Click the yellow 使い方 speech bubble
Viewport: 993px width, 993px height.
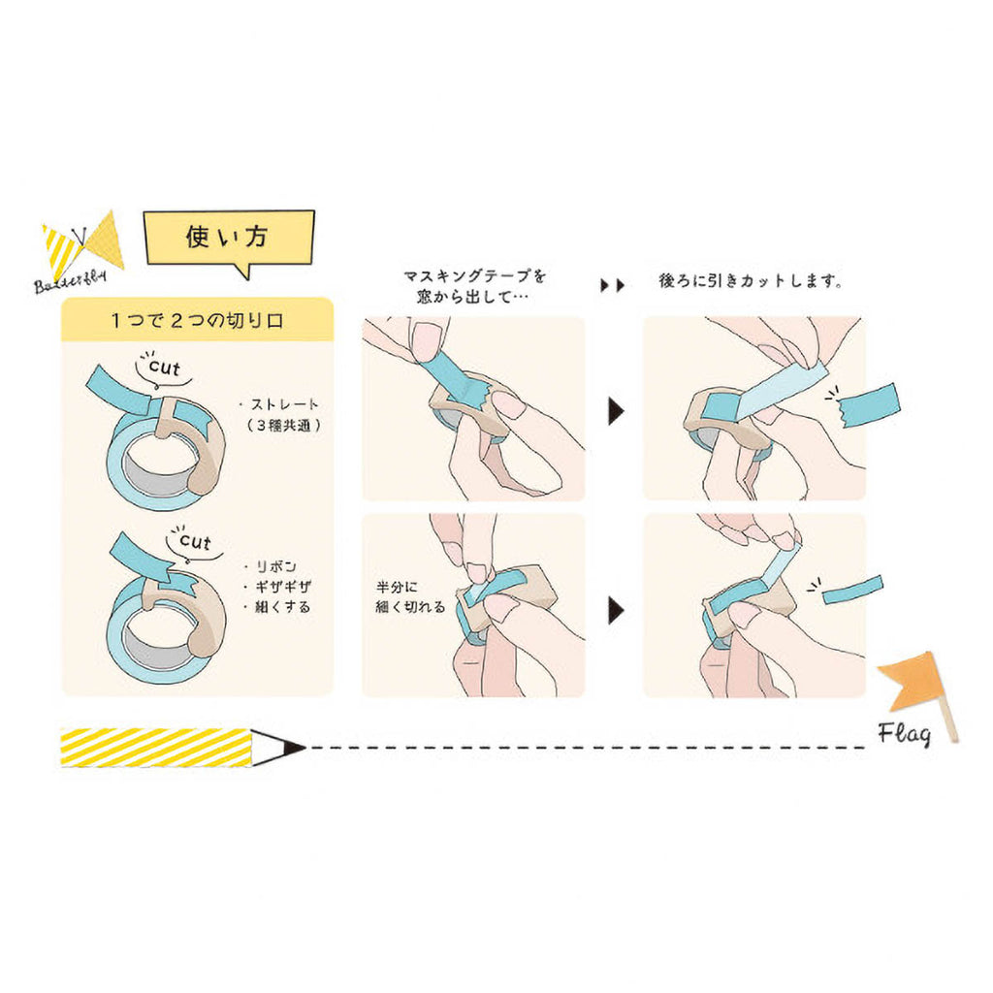[229, 239]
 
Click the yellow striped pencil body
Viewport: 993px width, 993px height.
[155, 748]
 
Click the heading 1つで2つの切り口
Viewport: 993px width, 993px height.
[197, 319]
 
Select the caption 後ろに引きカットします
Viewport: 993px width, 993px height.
[750, 283]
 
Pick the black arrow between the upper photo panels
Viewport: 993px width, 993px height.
[615, 411]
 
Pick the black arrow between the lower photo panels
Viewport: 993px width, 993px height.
[615, 611]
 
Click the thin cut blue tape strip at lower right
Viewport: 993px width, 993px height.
[853, 591]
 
